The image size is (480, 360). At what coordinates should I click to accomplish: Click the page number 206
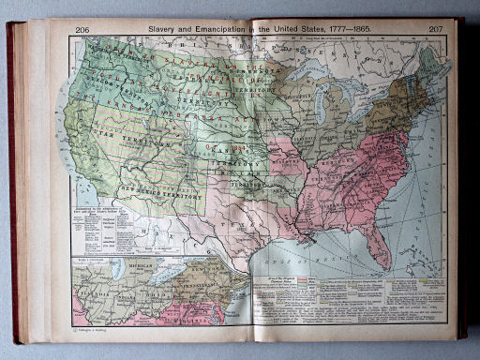[82, 30]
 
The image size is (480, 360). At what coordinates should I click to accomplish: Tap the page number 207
[436, 29]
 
